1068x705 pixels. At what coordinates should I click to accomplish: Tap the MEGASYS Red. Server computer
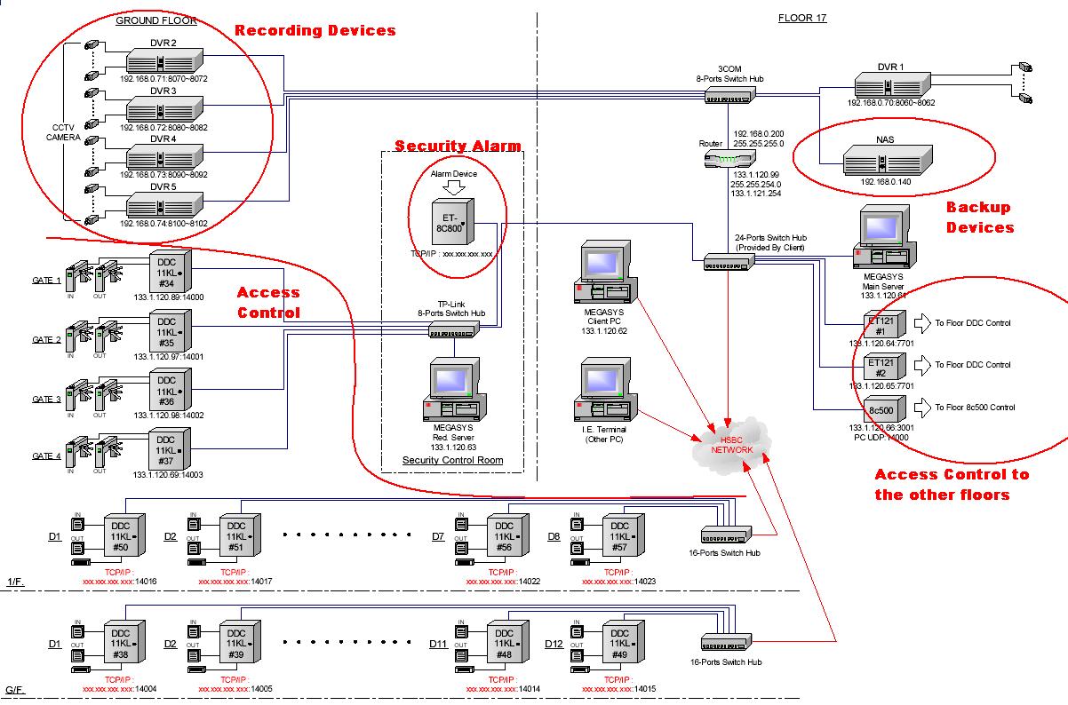click(452, 391)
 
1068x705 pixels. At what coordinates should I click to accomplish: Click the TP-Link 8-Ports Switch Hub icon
click(454, 330)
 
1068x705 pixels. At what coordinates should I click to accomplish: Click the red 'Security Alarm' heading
click(458, 146)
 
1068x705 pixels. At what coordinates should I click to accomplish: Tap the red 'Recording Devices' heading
click(315, 31)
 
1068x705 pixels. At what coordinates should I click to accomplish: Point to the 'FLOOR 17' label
click(802, 18)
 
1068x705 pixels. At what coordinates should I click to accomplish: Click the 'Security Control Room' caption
click(452, 460)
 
